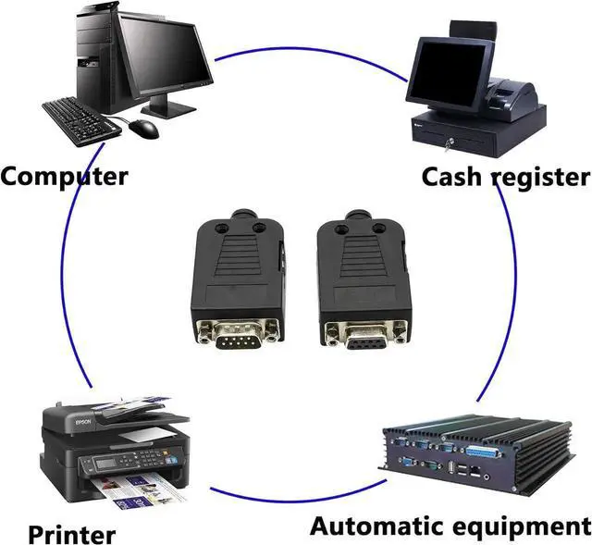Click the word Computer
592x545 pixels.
pos(64,175)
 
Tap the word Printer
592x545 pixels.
pos(71,534)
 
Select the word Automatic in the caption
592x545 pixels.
pos(382,527)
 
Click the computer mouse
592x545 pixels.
pos(143,128)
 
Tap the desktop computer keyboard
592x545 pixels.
pos(81,118)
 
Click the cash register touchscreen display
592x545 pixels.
pos(445,70)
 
